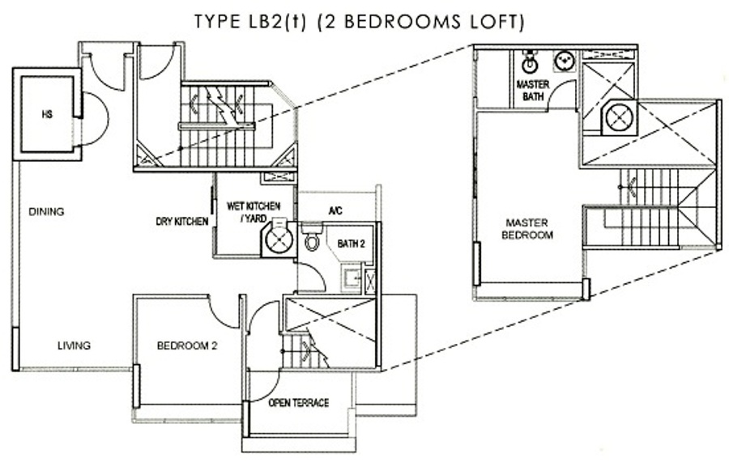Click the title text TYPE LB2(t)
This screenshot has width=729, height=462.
tap(250, 22)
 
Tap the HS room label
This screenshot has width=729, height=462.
tap(47, 114)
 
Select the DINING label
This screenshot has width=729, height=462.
tap(46, 212)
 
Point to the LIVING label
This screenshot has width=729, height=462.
tap(74, 345)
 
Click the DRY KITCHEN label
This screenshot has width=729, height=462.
tap(181, 222)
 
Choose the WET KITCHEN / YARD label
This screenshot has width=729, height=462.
tap(254, 212)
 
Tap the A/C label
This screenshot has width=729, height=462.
tap(335, 211)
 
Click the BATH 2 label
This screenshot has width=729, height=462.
tap(351, 244)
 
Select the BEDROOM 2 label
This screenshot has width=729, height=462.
tap(187, 346)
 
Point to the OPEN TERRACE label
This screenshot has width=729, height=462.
tap(298, 403)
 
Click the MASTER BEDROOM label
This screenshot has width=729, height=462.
tap(527, 229)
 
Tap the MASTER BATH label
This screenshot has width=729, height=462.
tap(533, 91)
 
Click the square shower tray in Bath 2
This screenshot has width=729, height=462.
tap(351, 278)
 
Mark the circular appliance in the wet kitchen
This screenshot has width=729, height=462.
tap(278, 239)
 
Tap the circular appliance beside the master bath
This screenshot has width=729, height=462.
tap(620, 117)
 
